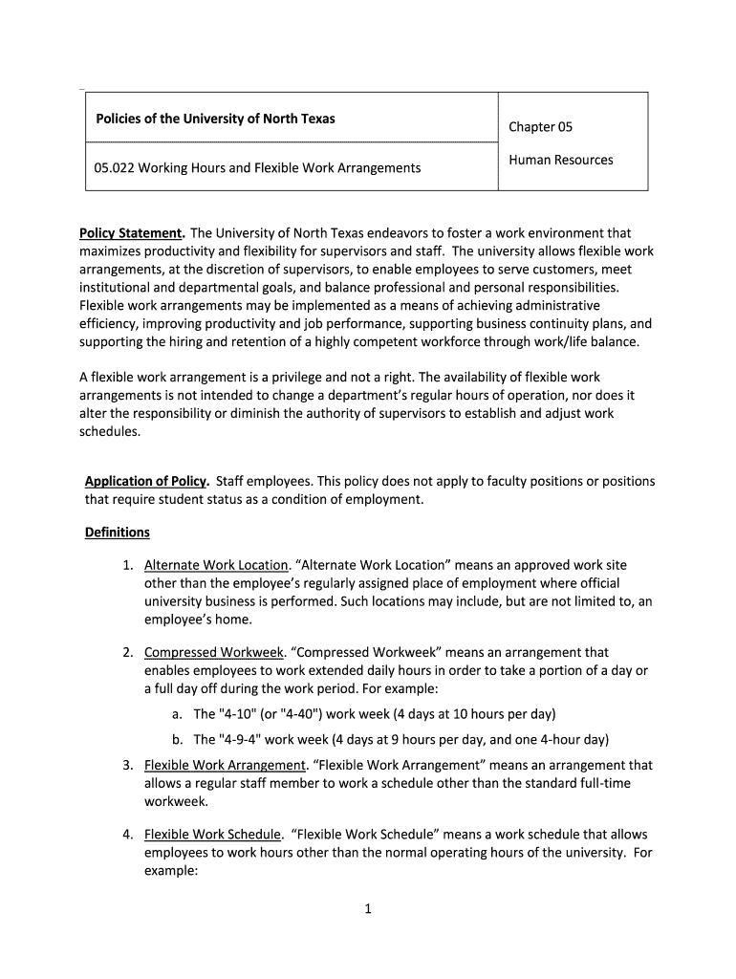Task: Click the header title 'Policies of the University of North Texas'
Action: (215, 120)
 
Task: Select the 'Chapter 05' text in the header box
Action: (540, 127)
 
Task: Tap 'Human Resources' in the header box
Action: (560, 160)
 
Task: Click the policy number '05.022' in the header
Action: (116, 167)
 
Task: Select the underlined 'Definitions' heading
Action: (118, 532)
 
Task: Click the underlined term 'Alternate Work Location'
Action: (216, 566)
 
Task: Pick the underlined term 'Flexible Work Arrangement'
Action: (225, 765)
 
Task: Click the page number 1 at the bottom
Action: (367, 909)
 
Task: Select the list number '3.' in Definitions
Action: (127, 765)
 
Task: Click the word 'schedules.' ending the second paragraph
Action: (109, 431)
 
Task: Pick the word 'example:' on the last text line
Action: (171, 872)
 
